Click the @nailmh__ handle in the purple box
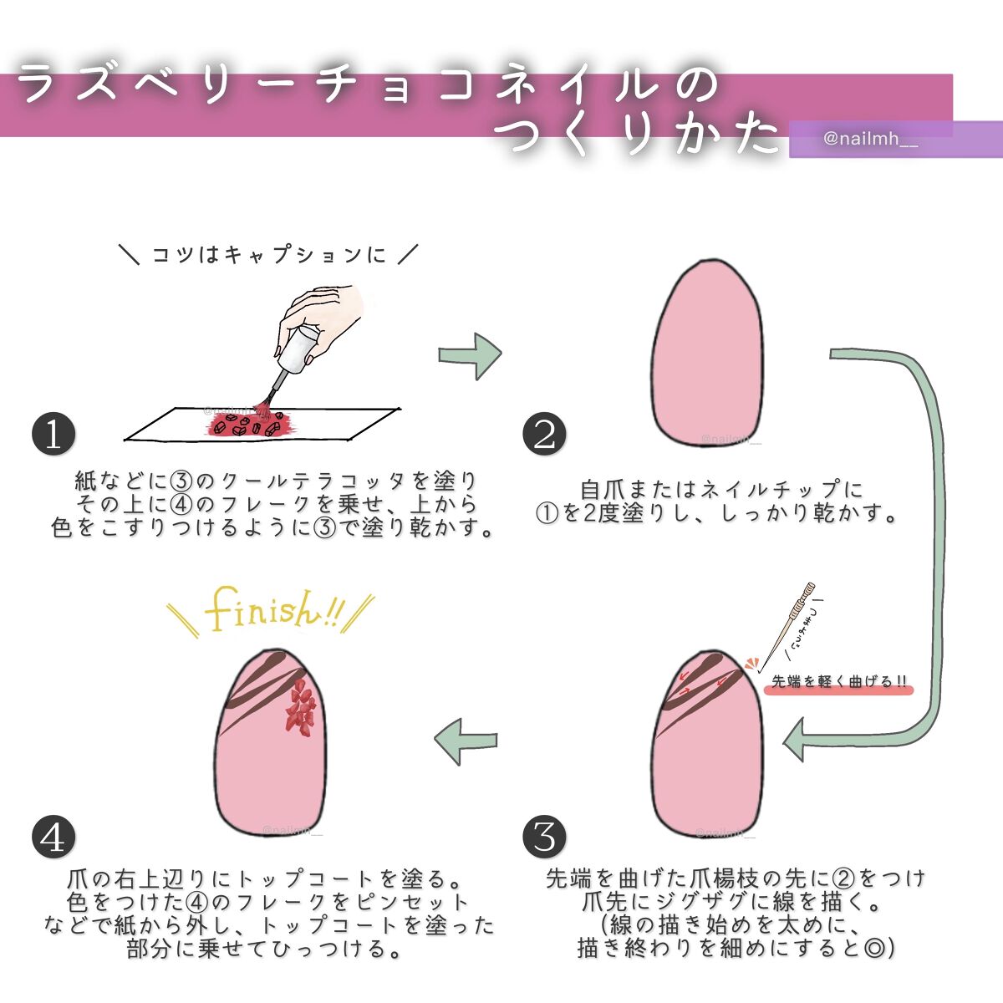870,140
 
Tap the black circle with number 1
53,435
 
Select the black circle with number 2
544,435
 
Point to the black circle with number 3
544,836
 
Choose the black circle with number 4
53,837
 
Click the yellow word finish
263,611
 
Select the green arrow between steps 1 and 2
470,355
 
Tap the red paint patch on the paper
251,425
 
